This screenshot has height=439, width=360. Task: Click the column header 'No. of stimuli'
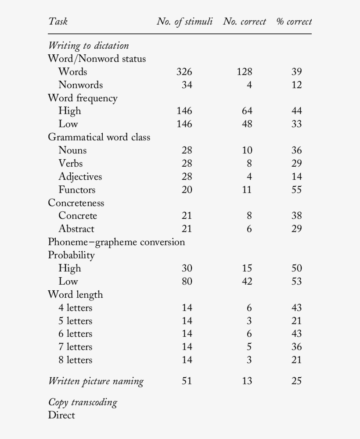184,21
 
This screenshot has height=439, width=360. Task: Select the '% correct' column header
294,21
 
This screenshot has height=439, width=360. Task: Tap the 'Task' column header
58,21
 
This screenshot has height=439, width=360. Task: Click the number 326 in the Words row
184,72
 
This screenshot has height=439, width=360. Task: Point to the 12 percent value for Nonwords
297,85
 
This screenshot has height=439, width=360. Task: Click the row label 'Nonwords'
80,85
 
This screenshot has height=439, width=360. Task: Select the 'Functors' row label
77,190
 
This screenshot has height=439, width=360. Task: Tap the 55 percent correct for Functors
297,190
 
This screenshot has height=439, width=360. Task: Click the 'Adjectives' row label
80,177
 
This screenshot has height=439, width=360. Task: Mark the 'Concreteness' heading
76,203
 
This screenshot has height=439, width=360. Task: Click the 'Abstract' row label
76,229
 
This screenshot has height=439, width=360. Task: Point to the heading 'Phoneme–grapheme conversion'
116,242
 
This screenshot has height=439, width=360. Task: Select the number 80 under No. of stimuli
187,282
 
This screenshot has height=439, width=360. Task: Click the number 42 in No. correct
247,282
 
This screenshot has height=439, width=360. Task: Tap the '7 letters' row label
75,347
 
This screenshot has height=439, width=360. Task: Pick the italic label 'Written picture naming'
96,381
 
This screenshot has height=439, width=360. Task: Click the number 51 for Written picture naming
187,381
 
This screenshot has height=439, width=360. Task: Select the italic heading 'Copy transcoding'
83,402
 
